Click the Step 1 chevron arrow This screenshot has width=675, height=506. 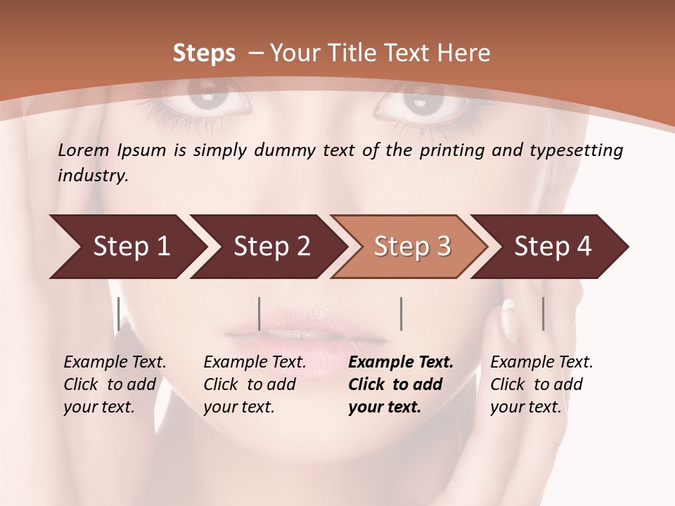coord(127,246)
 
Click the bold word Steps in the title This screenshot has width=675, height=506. coord(204,53)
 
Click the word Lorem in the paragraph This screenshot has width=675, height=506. coord(84,150)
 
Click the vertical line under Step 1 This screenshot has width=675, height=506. coord(119,313)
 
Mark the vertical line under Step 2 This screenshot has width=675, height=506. coord(259,313)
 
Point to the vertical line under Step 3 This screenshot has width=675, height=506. coord(401,313)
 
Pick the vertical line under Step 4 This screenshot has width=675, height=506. coord(543,313)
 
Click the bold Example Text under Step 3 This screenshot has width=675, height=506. coord(401,363)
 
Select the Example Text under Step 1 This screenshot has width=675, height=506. coord(115,363)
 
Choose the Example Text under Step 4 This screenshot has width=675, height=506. coord(541,363)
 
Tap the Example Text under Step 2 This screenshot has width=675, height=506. coord(255,363)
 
